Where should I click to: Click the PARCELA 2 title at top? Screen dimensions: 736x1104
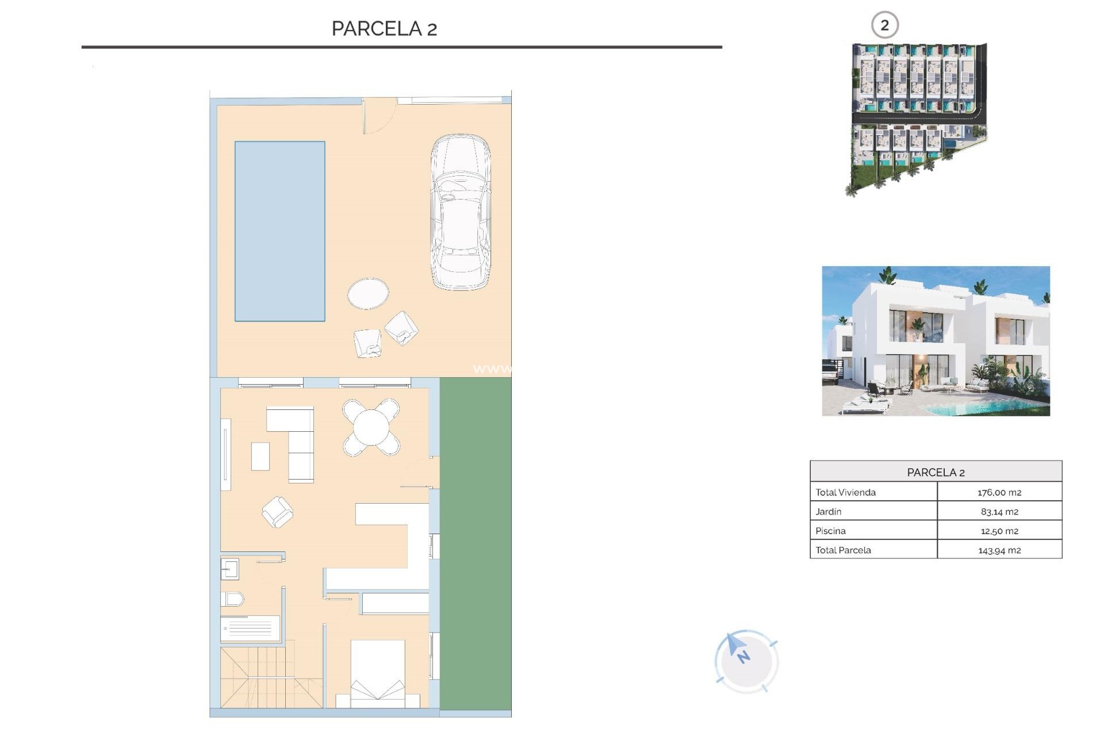pyautogui.click(x=384, y=28)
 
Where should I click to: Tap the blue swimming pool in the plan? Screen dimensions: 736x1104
pyautogui.click(x=279, y=231)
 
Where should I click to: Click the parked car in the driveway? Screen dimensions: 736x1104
pyautogui.click(x=461, y=212)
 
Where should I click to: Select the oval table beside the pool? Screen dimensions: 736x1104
pyautogui.click(x=368, y=293)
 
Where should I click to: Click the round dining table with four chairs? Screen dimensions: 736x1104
pyautogui.click(x=371, y=427)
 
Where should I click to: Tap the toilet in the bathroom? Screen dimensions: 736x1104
pyautogui.click(x=232, y=599)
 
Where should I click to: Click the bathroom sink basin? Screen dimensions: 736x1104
pyautogui.click(x=229, y=569)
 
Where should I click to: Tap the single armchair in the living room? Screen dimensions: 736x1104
pyautogui.click(x=277, y=512)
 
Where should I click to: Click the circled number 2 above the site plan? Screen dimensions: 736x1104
pyautogui.click(x=884, y=25)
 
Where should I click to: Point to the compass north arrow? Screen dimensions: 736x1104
pyautogui.click(x=737, y=649)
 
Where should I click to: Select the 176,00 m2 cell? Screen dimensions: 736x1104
pyautogui.click(x=999, y=492)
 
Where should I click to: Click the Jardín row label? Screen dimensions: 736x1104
pyautogui.click(x=828, y=511)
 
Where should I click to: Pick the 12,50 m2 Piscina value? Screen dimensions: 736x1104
pyautogui.click(x=999, y=531)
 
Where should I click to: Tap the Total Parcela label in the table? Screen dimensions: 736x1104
pyautogui.click(x=843, y=550)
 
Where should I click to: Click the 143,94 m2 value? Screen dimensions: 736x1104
pyautogui.click(x=999, y=550)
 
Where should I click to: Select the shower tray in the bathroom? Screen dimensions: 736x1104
pyautogui.click(x=250, y=628)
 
